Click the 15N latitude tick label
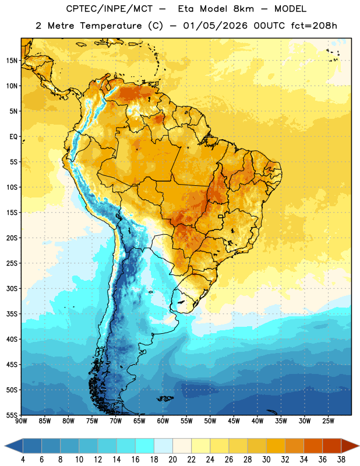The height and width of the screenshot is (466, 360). [x=12, y=61]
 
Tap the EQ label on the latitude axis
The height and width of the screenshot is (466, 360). [x=13, y=137]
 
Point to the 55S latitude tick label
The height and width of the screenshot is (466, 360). [x=12, y=415]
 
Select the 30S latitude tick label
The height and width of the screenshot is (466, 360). [x=12, y=288]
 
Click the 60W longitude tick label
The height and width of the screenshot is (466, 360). [x=163, y=421]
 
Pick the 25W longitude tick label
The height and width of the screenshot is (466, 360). [x=328, y=421]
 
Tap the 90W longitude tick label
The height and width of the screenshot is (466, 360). [x=21, y=421]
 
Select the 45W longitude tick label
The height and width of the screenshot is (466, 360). [x=234, y=421]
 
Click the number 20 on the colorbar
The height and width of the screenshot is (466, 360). [x=172, y=460]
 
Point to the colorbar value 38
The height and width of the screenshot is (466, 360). [x=341, y=460]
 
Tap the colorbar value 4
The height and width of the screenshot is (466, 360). [x=23, y=460]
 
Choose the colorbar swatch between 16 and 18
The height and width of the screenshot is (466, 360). [x=145, y=446]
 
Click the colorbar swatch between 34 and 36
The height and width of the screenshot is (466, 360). [x=313, y=446]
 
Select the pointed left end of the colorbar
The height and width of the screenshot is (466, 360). [x=5, y=446]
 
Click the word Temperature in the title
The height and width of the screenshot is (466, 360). [x=111, y=26]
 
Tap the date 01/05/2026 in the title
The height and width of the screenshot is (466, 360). [x=215, y=26]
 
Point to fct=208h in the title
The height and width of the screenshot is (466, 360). [x=314, y=26]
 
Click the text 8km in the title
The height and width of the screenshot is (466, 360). [x=243, y=9]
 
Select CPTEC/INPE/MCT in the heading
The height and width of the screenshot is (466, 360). [x=110, y=9]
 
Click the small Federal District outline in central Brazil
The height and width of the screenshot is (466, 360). [x=221, y=216]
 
